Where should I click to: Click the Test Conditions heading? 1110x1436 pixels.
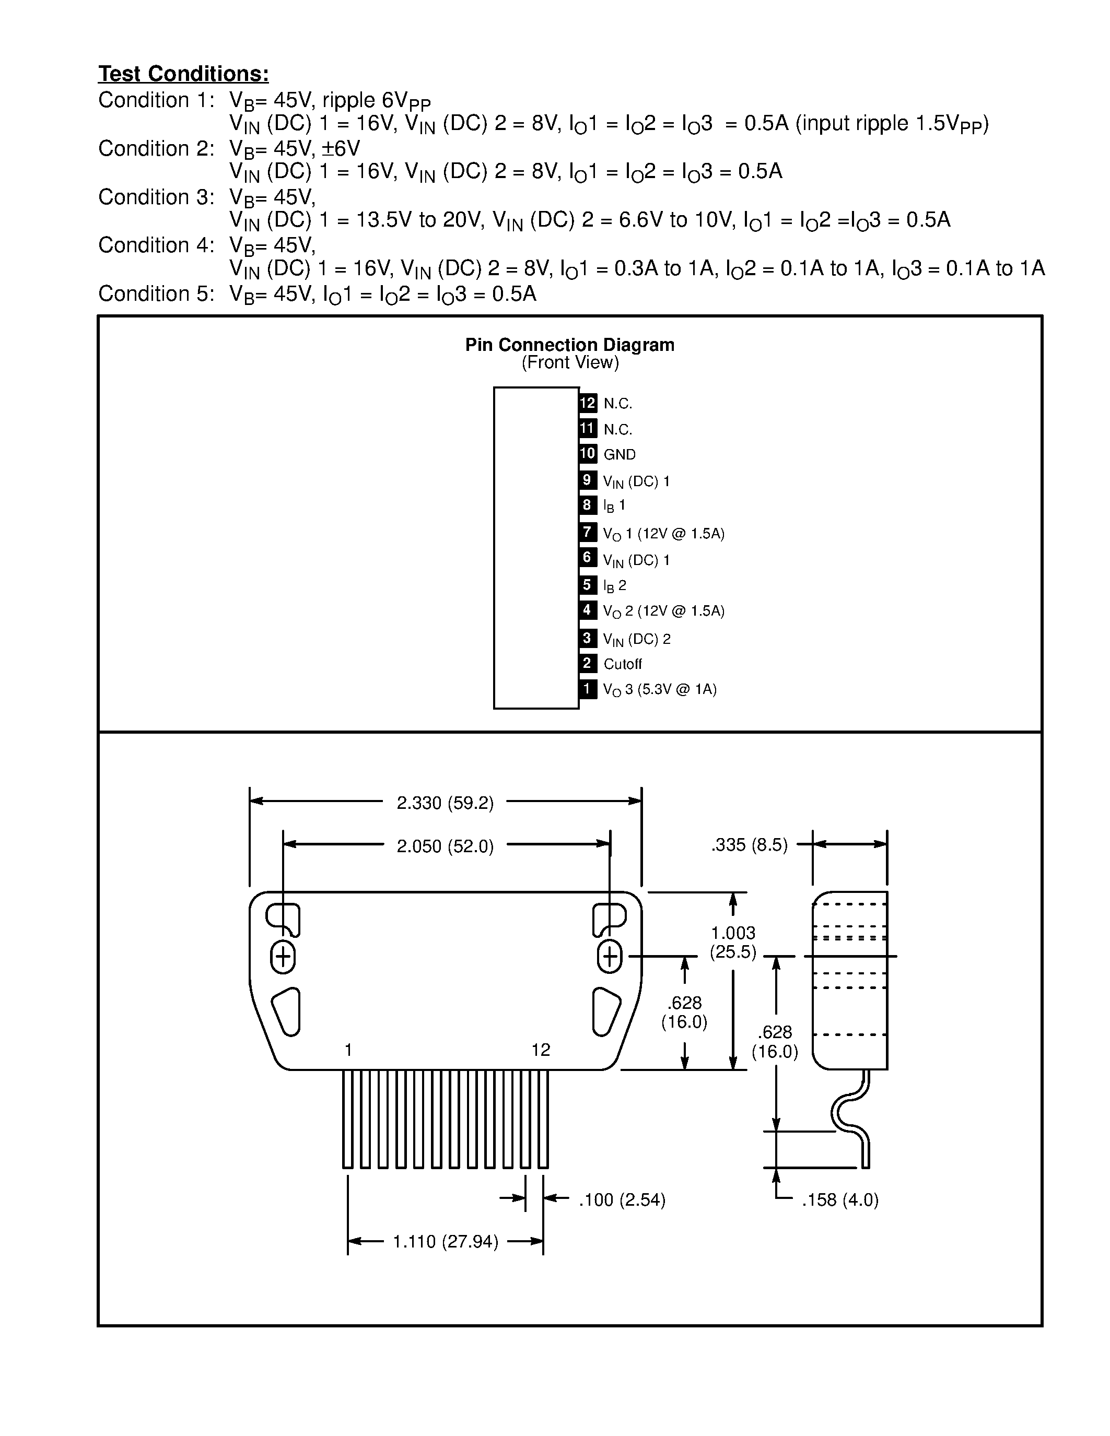click(x=183, y=74)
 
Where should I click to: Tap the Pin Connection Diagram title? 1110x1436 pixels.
click(x=569, y=345)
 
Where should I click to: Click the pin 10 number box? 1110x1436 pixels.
click(x=587, y=454)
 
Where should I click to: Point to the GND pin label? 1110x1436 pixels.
click(x=620, y=454)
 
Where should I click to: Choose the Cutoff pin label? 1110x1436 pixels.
click(x=622, y=664)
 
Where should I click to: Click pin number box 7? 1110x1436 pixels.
click(x=587, y=531)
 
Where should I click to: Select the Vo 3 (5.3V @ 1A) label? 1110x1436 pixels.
click(x=660, y=690)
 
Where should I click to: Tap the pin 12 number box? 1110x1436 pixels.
click(x=587, y=403)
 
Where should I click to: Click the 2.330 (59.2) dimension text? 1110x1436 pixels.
click(x=445, y=803)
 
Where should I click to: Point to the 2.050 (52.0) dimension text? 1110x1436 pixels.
click(x=445, y=846)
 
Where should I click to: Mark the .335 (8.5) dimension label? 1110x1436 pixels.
click(x=749, y=845)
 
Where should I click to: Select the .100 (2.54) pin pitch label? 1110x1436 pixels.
click(x=622, y=1200)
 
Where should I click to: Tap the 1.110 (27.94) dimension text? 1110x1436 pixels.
click(x=445, y=1241)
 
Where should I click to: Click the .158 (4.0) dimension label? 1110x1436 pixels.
click(x=840, y=1200)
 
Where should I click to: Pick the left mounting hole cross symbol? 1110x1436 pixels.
click(x=283, y=957)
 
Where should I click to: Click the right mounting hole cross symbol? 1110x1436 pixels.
click(x=610, y=957)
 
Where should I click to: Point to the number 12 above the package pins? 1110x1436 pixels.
click(x=541, y=1050)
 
